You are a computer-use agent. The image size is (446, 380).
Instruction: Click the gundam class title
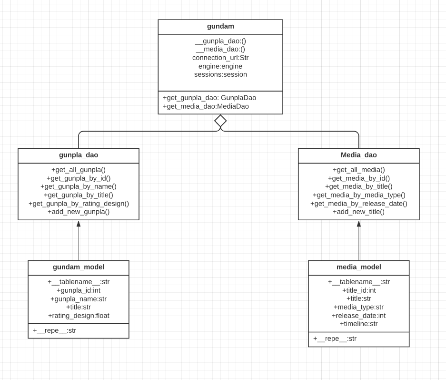pyautogui.click(x=220, y=26)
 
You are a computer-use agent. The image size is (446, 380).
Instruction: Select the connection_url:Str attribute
pyautogui.click(x=220, y=58)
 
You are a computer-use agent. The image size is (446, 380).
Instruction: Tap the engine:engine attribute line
pyautogui.click(x=220, y=66)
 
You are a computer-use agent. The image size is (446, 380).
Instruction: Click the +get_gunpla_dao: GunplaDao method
pyautogui.click(x=209, y=98)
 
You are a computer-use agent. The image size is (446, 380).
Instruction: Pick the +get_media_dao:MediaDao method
pyautogui.click(x=206, y=106)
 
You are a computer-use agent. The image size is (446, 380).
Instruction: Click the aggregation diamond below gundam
pyautogui.click(x=220, y=121)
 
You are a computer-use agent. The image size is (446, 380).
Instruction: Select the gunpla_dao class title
pyautogui.click(x=79, y=155)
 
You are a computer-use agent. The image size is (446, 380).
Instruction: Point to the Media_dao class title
pyautogui.click(x=358, y=155)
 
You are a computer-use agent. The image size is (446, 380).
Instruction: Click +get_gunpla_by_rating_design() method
pyautogui.click(x=79, y=204)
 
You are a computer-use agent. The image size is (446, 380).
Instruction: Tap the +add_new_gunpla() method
pyautogui.click(x=79, y=212)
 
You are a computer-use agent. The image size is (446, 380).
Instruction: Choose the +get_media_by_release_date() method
pyautogui.click(x=358, y=204)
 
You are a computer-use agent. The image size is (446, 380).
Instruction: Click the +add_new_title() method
pyautogui.click(x=358, y=212)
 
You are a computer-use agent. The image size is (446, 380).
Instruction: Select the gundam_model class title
pyautogui.click(x=79, y=267)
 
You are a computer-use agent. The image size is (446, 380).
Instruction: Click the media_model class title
pyautogui.click(x=358, y=267)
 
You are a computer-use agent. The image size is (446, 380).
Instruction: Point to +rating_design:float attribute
pyautogui.click(x=79, y=316)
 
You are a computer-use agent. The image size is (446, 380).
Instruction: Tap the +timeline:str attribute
pyautogui.click(x=358, y=324)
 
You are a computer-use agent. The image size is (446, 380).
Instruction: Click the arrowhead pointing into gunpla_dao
pyautogui.click(x=79, y=224)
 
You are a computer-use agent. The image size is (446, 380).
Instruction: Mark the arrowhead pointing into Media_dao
pyautogui.click(x=358, y=224)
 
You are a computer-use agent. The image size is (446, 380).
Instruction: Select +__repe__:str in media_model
pyautogui.click(x=335, y=339)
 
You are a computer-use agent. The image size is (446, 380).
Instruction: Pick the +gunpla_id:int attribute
pyautogui.click(x=79, y=290)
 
